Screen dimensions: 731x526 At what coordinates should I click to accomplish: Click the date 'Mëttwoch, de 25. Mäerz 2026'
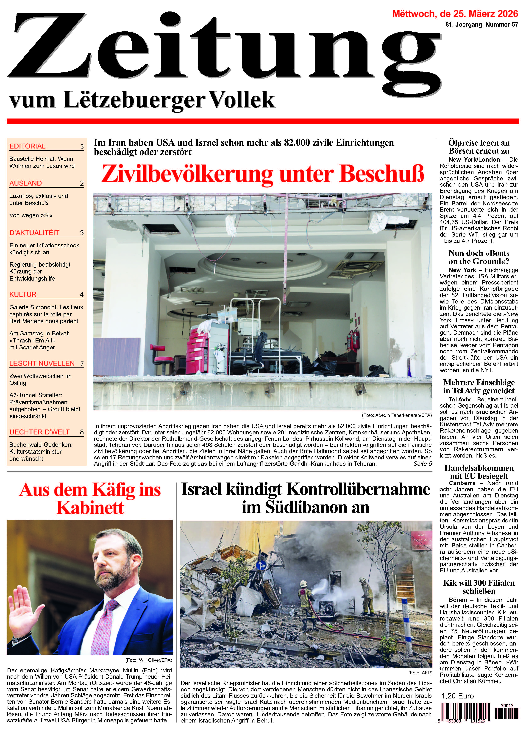coord(455,14)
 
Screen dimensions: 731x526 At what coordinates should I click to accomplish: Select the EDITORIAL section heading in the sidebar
coord(27,146)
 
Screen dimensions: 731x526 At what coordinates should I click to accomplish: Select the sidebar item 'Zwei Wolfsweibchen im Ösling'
coord(40,379)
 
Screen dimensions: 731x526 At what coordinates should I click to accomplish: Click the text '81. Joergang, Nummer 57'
coord(481,25)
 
